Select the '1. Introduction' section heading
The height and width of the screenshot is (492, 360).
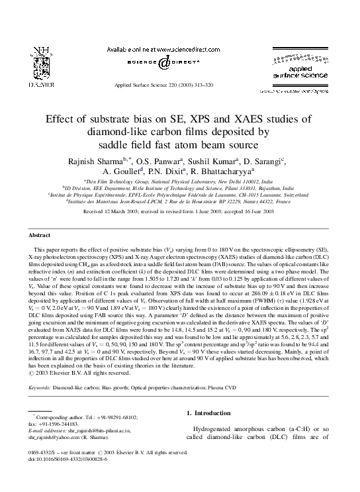[x=209, y=413]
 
